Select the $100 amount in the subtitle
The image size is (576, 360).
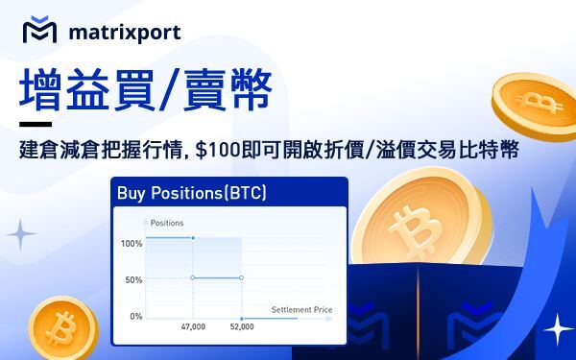pyautogui.click(x=213, y=151)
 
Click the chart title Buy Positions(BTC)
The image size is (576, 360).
pyautogui.click(x=191, y=193)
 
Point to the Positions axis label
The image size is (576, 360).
pyautogui.click(x=167, y=223)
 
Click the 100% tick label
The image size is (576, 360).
pyautogui.click(x=132, y=243)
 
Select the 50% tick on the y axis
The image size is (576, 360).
pyautogui.click(x=133, y=279)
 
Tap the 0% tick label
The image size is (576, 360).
pyautogui.click(x=135, y=316)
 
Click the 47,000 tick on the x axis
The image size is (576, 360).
pyautogui.click(x=193, y=327)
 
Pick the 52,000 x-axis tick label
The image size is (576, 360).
pyautogui.click(x=242, y=327)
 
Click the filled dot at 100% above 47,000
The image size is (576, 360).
pyautogui.click(x=193, y=238)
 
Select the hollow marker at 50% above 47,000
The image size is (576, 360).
pyautogui.click(x=193, y=278)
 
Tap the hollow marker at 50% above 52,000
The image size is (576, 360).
pyautogui.click(x=241, y=278)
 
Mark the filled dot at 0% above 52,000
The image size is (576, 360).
pyautogui.click(x=241, y=317)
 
